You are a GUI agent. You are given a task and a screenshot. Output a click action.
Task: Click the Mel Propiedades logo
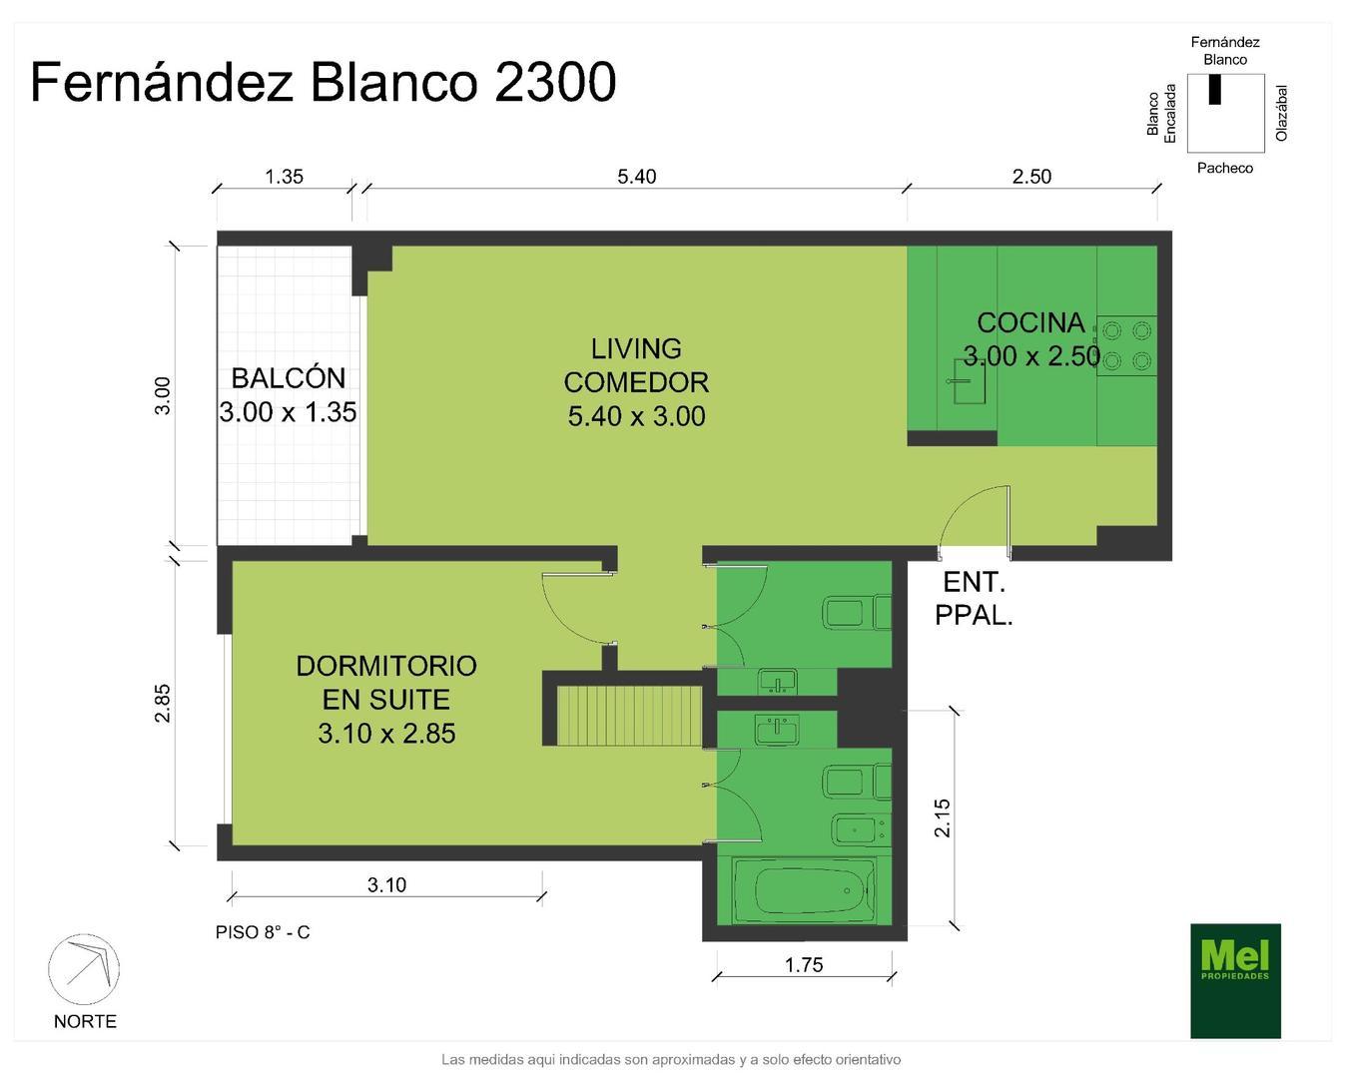[x=1235, y=980]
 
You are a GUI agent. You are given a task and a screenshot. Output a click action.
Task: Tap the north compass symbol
[x=84, y=970]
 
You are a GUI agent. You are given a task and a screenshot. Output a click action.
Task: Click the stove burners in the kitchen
[x=1127, y=344]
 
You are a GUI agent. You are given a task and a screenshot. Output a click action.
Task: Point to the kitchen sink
[x=968, y=380]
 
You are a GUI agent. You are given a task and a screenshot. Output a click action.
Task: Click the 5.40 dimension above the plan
[x=636, y=177]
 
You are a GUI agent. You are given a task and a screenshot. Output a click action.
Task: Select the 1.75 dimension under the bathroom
[x=804, y=964]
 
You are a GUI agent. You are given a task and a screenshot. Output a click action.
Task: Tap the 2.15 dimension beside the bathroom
[x=943, y=818]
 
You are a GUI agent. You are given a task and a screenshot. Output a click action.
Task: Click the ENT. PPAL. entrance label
[x=974, y=599]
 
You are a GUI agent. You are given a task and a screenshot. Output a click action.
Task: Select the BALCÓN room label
[x=288, y=378]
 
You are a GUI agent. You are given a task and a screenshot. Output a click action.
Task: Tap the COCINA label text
[x=1030, y=322]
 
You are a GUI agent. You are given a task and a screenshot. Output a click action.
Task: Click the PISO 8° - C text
[x=263, y=932]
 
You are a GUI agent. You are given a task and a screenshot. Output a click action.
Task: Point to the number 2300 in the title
[x=554, y=82]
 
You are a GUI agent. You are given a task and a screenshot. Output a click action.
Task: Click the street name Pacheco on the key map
[x=1224, y=168]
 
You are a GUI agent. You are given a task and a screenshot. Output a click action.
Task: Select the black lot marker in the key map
[x=1215, y=89]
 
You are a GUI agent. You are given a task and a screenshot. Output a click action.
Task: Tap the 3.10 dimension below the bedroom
[x=386, y=884]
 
